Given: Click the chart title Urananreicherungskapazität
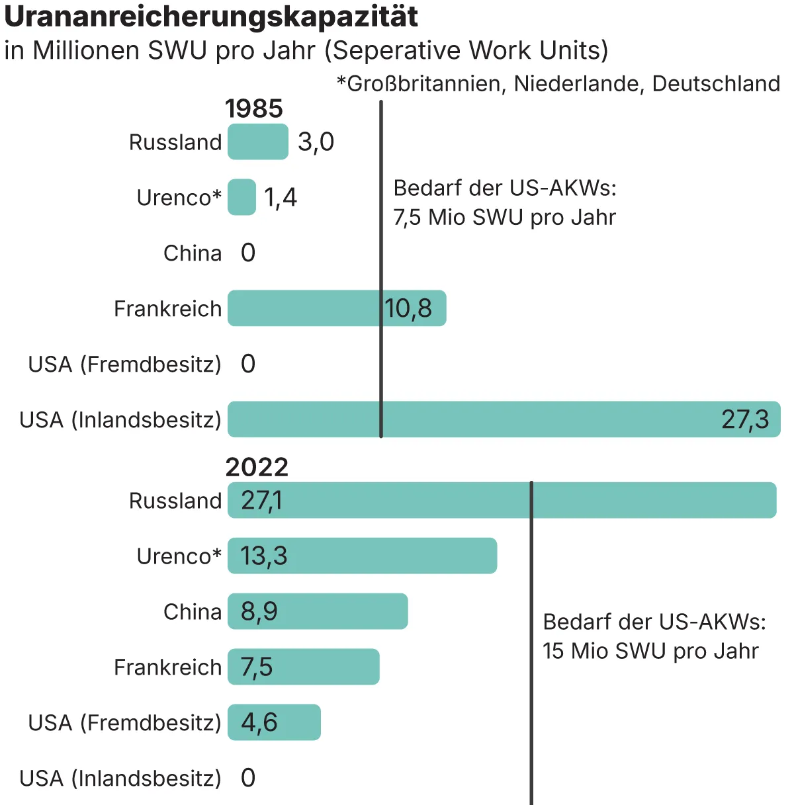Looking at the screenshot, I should tap(211, 17).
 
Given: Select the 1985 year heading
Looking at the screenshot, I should tap(253, 108).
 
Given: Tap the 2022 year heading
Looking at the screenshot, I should tap(257, 467).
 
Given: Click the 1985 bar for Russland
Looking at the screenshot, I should tap(258, 142).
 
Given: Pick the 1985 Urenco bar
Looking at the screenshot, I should tap(242, 197).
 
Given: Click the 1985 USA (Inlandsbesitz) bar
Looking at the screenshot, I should tap(503, 419).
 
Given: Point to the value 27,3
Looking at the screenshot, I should tap(745, 419).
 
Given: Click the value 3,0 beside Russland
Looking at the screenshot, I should tap(316, 142).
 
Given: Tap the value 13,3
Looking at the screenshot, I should tap(263, 556).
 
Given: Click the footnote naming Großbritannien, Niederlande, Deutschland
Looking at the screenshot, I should tap(558, 84).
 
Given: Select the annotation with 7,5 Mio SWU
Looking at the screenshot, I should tap(504, 202).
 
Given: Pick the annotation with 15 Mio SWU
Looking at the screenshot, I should tap(654, 636).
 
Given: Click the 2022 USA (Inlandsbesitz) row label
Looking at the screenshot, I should tap(120, 778).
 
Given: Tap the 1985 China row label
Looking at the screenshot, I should tap(193, 253).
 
